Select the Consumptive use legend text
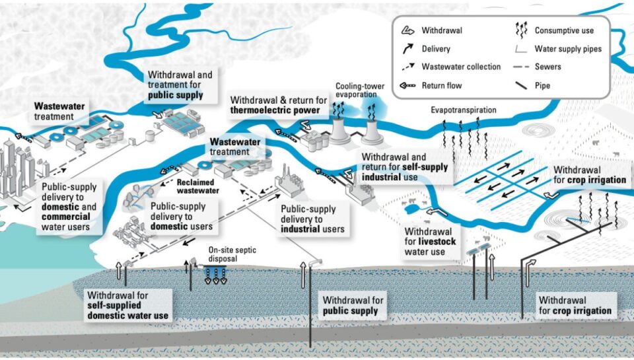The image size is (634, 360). (x=564, y=30)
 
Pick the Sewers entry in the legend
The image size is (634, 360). (x=549, y=67)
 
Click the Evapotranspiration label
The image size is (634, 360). (x=464, y=110)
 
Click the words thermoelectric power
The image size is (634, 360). (x=277, y=110)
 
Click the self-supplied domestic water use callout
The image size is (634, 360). (x=128, y=306)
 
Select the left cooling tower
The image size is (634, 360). (x=339, y=129)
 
